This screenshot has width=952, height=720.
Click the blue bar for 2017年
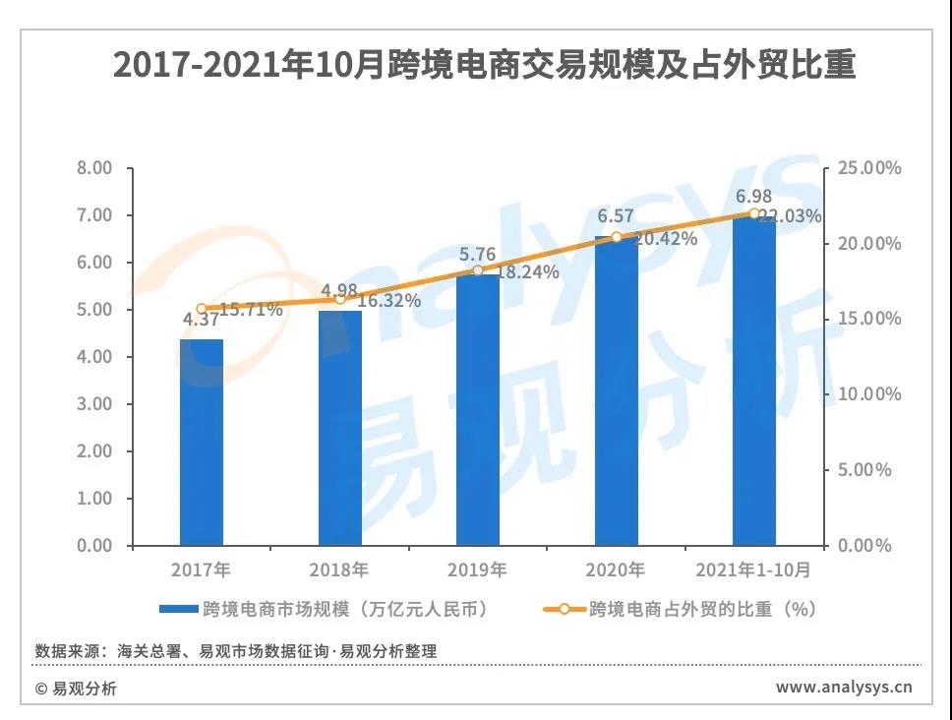[202, 443]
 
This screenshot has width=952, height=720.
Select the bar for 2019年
[478, 409]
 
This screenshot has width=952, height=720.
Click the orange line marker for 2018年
[340, 299]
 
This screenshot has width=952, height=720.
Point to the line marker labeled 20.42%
[617, 237]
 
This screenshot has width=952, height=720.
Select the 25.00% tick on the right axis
[869, 168]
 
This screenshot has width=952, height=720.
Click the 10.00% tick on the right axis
[869, 394]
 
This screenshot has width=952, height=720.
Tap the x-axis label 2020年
[616, 570]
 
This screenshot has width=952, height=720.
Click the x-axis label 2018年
[339, 570]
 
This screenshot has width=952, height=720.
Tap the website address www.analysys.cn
[843, 687]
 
